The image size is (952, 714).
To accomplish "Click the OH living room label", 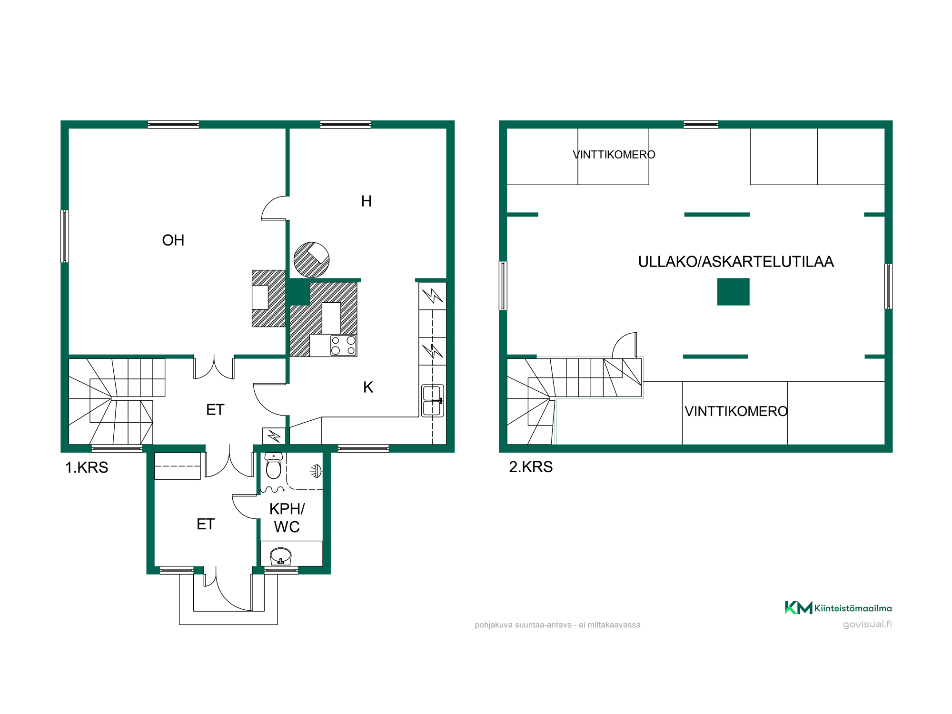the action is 173,240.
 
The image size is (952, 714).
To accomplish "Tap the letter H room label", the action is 366,201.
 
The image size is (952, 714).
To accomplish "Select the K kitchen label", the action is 368,387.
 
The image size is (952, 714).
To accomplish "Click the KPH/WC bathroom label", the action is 287,517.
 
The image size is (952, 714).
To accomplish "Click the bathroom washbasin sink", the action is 280,556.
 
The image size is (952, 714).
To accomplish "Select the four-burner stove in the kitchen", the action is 343,346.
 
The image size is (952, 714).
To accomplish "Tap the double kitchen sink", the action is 433,401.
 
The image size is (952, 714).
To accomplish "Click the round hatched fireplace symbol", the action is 311,260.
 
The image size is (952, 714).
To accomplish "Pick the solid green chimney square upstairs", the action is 733,292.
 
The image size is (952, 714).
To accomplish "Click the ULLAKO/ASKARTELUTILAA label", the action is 736,262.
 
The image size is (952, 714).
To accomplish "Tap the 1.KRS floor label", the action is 87,467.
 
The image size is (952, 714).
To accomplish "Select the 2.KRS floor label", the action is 531,467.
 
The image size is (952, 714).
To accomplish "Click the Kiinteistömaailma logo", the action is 838,608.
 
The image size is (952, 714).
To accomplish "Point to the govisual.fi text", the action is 867,624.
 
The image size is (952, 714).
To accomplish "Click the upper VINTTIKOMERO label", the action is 614,155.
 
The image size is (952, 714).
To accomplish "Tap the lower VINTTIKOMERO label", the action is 736,411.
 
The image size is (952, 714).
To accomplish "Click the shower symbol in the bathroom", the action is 316,471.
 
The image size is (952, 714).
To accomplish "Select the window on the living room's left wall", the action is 65,236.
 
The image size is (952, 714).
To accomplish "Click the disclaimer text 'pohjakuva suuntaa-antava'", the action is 523,625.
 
